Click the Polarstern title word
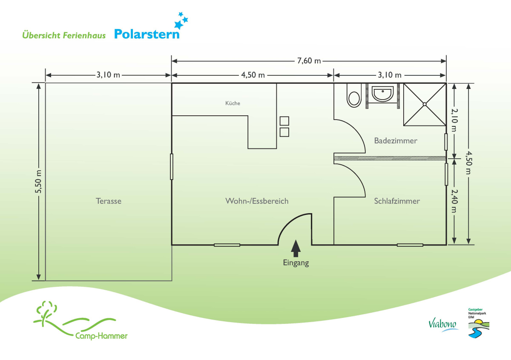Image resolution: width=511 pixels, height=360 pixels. click(x=146, y=34)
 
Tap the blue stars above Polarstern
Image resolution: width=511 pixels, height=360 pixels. click(x=181, y=20)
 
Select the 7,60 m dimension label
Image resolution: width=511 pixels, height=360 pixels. click(x=309, y=61)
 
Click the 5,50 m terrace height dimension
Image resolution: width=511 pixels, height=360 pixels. click(x=38, y=182)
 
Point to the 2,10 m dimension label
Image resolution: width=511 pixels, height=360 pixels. click(x=454, y=120)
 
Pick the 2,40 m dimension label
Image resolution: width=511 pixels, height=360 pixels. click(x=454, y=201)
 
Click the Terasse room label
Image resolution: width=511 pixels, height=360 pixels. click(x=108, y=201)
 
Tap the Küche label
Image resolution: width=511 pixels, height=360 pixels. click(x=233, y=103)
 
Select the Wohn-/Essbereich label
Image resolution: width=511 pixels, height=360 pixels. click(x=257, y=201)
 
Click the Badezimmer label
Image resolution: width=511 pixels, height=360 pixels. click(x=396, y=141)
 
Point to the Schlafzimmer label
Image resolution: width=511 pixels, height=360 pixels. click(x=397, y=201)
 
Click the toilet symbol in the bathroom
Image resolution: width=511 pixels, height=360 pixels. click(x=354, y=95)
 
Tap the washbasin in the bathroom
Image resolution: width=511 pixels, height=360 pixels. click(x=383, y=94)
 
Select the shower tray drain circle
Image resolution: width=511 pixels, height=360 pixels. click(x=425, y=104)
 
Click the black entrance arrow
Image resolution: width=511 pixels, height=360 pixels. click(x=296, y=248)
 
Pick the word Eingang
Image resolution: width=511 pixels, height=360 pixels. click(x=296, y=263)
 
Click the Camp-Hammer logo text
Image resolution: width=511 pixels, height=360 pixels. click(x=101, y=336)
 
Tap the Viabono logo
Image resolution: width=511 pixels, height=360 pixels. click(x=443, y=325)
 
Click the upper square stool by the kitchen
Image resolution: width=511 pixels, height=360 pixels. click(x=284, y=121)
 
